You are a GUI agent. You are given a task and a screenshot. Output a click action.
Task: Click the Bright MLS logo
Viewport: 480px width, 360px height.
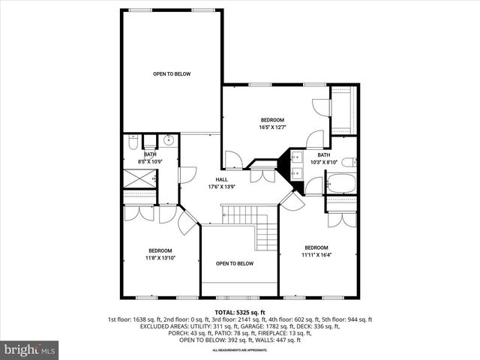pos(30,349)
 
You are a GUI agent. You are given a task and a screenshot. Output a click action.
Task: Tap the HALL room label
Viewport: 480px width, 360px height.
pos(222,179)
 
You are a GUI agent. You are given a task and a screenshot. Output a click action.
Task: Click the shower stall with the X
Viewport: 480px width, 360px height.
pos(139,179)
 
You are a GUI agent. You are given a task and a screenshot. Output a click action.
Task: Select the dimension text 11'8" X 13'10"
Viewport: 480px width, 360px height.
pos(160,257)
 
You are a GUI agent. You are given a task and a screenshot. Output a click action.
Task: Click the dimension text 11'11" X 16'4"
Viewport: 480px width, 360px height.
pos(316,254)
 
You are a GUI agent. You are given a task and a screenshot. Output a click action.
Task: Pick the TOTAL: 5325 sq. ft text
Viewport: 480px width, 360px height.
pos(239,311)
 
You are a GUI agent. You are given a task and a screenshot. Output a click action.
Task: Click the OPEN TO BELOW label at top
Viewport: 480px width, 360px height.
pos(172,73)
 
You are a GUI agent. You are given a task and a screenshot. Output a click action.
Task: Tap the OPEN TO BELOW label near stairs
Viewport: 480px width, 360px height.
pos(235,263)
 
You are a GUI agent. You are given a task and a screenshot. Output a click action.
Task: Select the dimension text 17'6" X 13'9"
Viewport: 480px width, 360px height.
pos(222,186)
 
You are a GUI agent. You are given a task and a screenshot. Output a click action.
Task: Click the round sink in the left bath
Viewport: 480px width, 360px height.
pos(169,139)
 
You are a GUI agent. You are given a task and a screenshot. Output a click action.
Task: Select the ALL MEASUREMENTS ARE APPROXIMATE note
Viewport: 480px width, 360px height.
pos(239,349)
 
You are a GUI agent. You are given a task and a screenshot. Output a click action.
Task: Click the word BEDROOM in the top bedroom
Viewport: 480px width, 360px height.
pos(272,120)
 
